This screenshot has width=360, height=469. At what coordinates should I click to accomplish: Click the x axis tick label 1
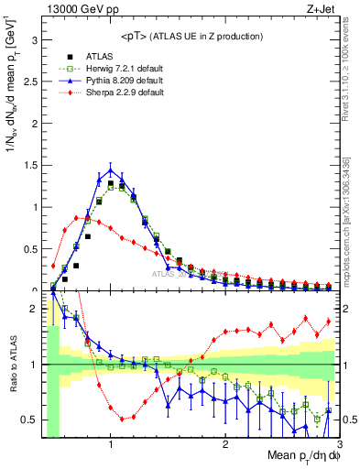111,446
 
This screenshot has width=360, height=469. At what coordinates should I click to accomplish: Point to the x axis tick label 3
338,446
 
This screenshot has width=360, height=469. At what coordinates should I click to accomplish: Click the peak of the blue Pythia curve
111,169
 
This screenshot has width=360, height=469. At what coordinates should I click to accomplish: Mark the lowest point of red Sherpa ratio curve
122,420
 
